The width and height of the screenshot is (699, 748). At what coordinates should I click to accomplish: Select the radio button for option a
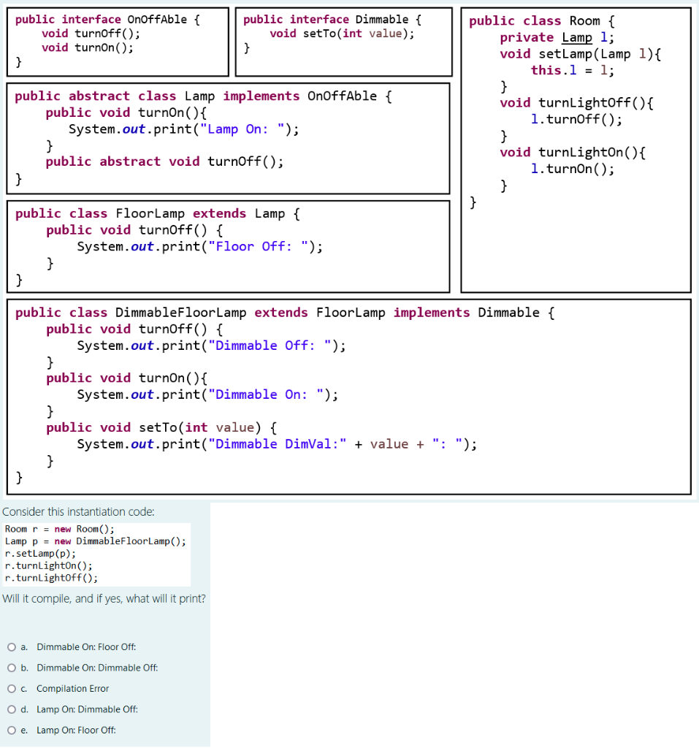pyautogui.click(x=12, y=646)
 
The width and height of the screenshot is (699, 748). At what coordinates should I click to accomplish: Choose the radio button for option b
pyautogui.click(x=12, y=668)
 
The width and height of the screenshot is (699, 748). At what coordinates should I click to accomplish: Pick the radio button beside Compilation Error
pyautogui.click(x=12, y=688)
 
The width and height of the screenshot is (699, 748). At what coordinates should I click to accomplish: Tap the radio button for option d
pyautogui.click(x=12, y=709)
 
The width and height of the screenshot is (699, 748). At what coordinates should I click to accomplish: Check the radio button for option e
pyautogui.click(x=12, y=730)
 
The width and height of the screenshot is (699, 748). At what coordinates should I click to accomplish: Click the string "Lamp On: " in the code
pyautogui.click(x=248, y=129)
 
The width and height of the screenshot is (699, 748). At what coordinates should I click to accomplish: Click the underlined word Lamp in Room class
pyautogui.click(x=577, y=37)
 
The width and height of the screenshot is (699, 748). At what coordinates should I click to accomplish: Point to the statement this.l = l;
pyautogui.click(x=572, y=70)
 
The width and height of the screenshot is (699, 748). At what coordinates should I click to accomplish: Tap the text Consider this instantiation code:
pyautogui.click(x=78, y=512)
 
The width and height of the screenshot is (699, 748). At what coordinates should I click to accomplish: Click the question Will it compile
pyautogui.click(x=104, y=599)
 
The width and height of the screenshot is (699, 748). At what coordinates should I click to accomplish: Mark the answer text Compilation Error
pyautogui.click(x=72, y=688)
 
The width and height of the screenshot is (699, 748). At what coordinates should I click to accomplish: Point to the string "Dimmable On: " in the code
pyautogui.click(x=268, y=394)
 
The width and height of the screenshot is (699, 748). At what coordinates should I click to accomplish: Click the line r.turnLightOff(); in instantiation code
pyautogui.click(x=50, y=577)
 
